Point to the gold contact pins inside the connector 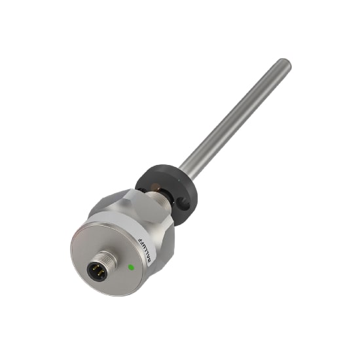(98, 270)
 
